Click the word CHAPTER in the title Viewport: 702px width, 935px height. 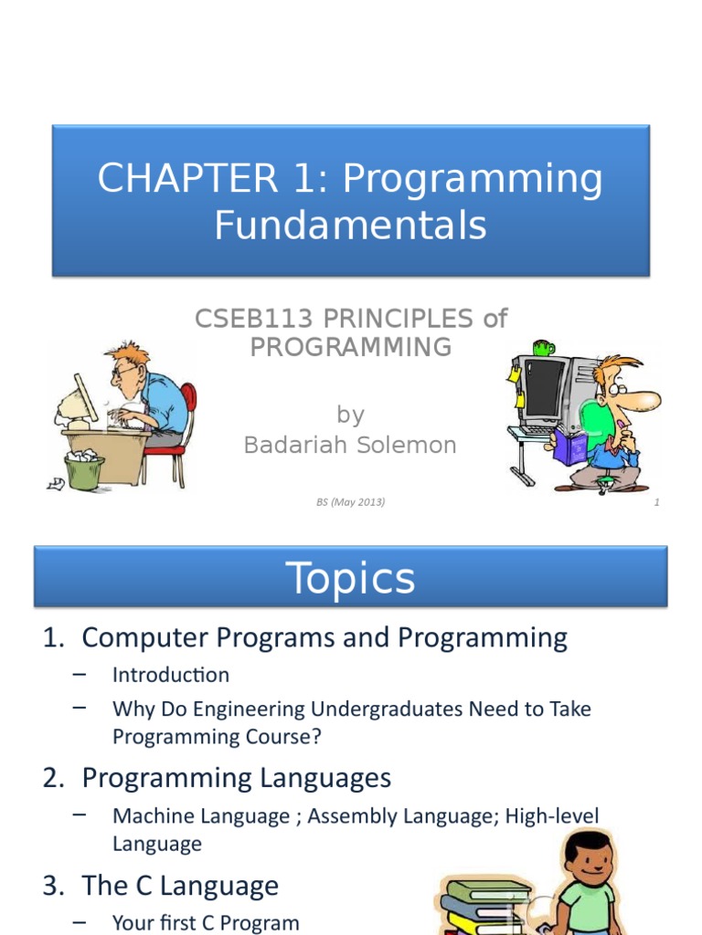(187, 178)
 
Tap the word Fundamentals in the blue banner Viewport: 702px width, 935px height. (350, 226)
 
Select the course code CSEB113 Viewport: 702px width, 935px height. (254, 319)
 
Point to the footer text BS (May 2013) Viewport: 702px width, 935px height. (350, 502)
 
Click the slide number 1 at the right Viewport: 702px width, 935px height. (656, 502)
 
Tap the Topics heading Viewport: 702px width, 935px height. (350, 578)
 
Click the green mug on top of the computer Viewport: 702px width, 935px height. (543, 347)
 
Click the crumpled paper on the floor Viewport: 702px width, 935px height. (56, 484)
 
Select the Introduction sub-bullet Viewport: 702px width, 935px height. (171, 675)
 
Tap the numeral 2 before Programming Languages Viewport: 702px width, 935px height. (53, 778)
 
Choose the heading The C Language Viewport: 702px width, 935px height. (180, 886)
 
